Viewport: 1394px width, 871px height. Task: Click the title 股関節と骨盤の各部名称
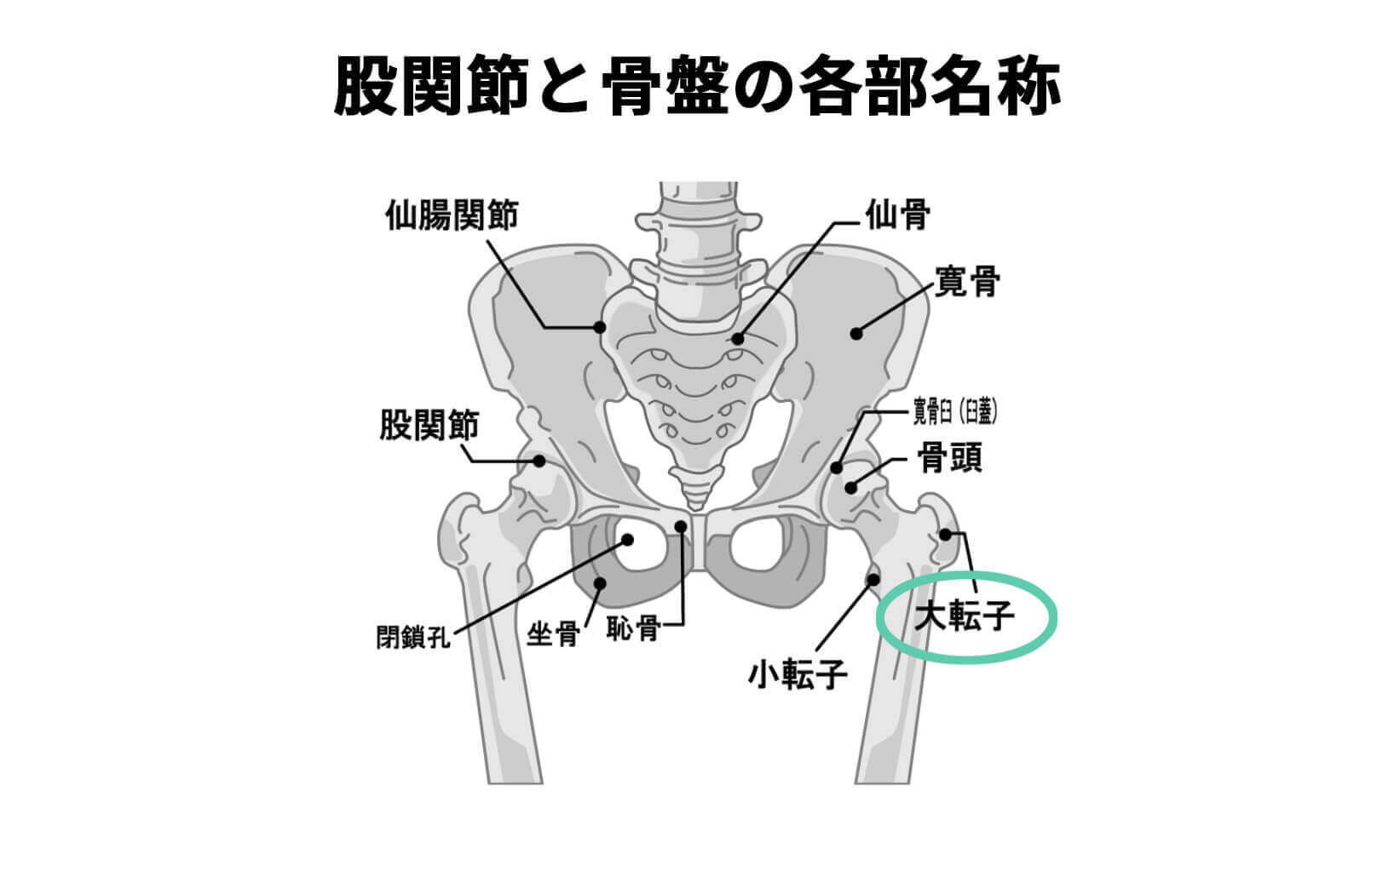tap(696, 86)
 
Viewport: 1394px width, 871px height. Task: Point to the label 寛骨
tap(967, 280)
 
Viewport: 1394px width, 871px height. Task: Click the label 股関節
tap(429, 425)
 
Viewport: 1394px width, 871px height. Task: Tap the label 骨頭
tap(949, 457)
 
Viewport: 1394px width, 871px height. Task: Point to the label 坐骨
tap(553, 634)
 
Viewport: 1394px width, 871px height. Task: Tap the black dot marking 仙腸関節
tap(600, 326)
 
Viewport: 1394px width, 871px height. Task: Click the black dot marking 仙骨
tap(738, 338)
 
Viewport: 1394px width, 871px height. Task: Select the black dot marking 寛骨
tap(857, 333)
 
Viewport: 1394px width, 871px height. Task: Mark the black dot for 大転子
tap(945, 534)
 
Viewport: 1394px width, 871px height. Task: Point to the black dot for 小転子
tap(873, 580)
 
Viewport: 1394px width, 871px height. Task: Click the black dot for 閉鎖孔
tap(628, 539)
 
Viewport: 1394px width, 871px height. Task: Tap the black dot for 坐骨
tap(600, 583)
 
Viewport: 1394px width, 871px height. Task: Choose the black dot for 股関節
tap(539, 461)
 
